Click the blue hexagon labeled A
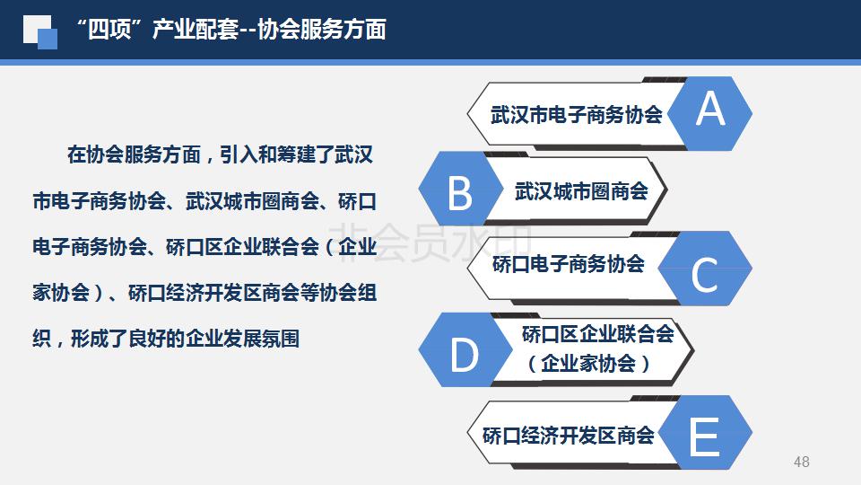(710, 113)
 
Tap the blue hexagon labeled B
(461, 189)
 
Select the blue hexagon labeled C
(705, 269)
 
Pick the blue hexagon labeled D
(465, 349)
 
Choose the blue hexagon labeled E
(705, 432)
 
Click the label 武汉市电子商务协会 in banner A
(576, 114)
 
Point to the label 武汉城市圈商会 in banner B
(581, 191)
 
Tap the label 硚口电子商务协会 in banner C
(569, 264)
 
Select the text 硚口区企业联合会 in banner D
(597, 334)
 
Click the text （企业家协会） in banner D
(588, 364)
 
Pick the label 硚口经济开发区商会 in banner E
(569, 436)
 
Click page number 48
(801, 462)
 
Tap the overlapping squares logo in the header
(40, 32)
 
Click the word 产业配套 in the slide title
(196, 29)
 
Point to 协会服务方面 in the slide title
(322, 29)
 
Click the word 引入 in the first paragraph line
(239, 154)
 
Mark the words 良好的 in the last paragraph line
(156, 339)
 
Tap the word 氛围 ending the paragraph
(281, 339)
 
